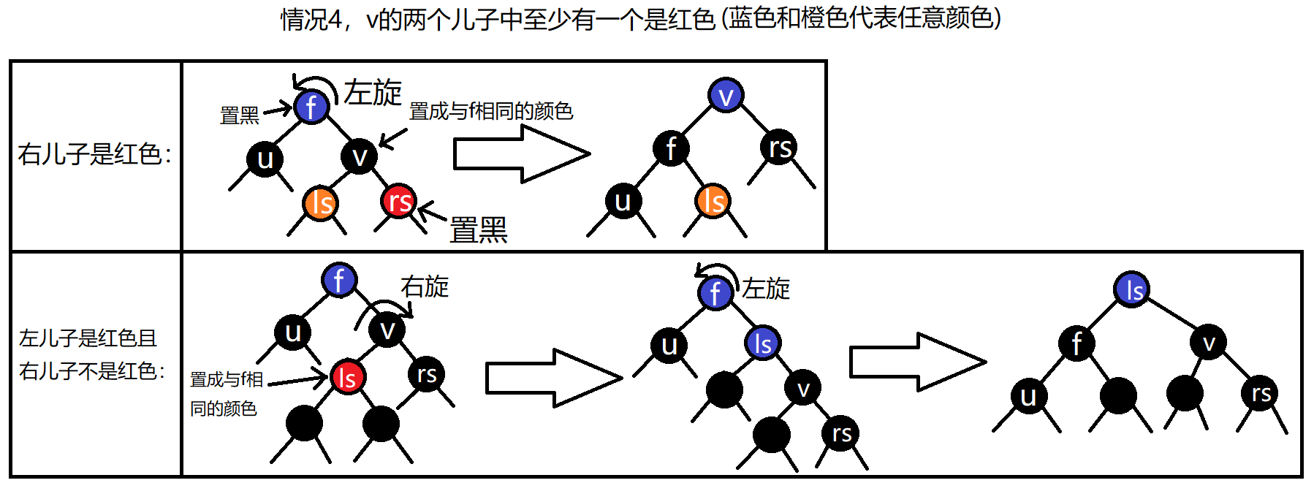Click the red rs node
click(x=398, y=201)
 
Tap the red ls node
click(x=347, y=377)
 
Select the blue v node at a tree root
click(x=726, y=95)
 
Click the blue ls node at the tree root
click(x=1132, y=289)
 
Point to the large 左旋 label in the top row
click(x=373, y=93)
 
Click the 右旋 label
click(x=425, y=286)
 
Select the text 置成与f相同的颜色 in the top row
click(x=490, y=111)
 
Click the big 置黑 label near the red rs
click(x=478, y=230)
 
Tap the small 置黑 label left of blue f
click(x=240, y=115)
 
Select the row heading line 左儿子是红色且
click(x=88, y=338)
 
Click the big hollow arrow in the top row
click(x=521, y=153)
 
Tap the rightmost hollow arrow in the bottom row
click(x=917, y=362)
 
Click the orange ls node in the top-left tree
click(x=320, y=203)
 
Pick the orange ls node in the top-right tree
click(x=713, y=201)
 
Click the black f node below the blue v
click(x=671, y=148)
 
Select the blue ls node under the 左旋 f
click(x=763, y=343)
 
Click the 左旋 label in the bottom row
click(x=766, y=289)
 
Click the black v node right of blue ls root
click(x=1209, y=342)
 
